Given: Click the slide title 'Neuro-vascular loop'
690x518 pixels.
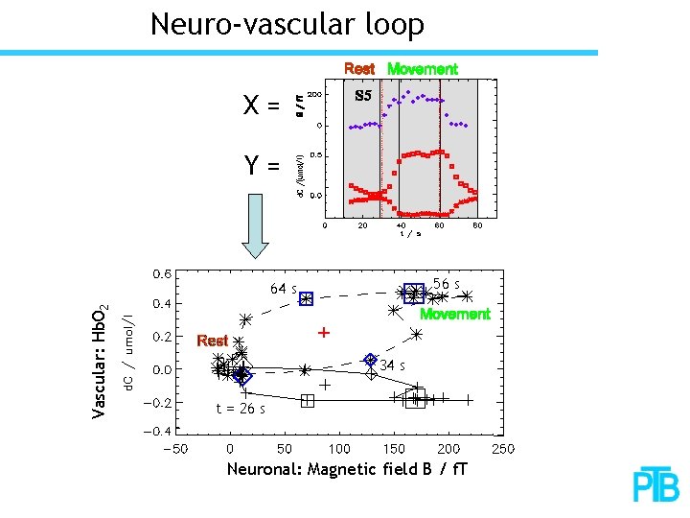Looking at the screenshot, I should pos(287,24).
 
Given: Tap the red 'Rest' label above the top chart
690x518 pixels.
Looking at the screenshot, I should pos(359,69).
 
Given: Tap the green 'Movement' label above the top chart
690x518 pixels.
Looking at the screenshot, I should pos(422,69).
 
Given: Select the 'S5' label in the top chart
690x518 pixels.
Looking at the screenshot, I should pos(363,96).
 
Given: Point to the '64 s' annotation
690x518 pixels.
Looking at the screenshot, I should pos(283,289).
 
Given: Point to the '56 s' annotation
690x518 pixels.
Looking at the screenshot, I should pos(447,284).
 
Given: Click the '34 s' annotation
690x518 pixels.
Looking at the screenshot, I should pos(392,365).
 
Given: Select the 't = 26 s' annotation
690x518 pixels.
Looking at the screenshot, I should pos(241,409).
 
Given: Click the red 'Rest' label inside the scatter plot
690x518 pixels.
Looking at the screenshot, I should pos(212,341).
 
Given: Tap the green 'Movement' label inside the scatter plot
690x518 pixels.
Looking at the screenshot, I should pos(455,314).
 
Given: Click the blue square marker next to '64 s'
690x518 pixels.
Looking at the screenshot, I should pos(306,299).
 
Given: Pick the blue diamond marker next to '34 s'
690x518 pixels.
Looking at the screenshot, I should pos(370,360).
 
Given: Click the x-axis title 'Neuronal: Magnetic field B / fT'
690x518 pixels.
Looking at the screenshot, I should pos(347,469).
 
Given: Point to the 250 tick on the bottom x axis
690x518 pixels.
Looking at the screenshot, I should pos(503,448).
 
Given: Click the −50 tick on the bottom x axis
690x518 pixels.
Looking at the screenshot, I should pos(174,448).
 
